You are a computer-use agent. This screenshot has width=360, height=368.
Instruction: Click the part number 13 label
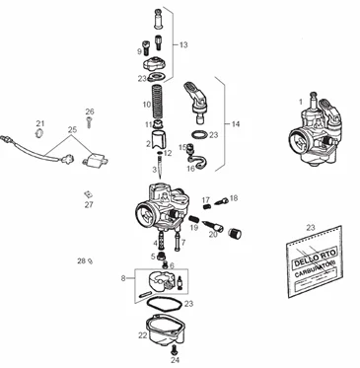[x=183, y=44]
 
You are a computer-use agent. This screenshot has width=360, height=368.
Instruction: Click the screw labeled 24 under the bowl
[x=175, y=349]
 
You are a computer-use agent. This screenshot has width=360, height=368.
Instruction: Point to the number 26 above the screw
[x=90, y=111]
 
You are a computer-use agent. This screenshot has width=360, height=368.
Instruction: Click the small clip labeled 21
[x=39, y=133]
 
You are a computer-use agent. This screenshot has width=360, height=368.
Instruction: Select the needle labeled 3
[x=160, y=168]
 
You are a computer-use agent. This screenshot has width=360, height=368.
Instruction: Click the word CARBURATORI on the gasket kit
[x=314, y=271]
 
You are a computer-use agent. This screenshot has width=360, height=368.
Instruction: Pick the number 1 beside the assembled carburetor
[x=301, y=103]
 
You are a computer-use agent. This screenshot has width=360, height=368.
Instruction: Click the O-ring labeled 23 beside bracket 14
[x=199, y=135]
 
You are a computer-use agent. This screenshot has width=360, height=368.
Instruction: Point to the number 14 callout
[x=236, y=124]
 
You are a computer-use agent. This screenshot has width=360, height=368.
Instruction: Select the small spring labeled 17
[x=207, y=207]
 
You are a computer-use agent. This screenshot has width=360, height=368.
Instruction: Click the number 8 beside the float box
[x=123, y=278]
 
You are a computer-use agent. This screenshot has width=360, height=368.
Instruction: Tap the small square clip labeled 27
[x=87, y=194]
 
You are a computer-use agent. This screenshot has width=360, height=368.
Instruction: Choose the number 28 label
[x=82, y=261]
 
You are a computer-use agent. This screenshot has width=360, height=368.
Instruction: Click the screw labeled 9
[x=145, y=47]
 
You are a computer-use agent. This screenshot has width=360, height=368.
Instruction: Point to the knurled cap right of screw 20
[x=235, y=234]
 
